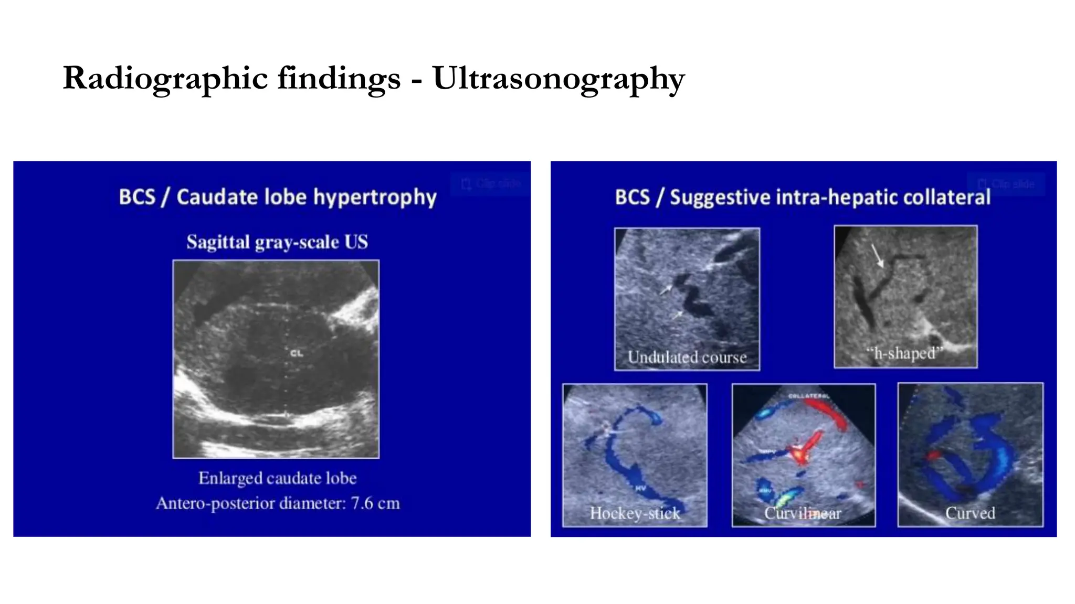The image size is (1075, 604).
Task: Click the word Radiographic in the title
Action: pyautogui.click(x=165, y=79)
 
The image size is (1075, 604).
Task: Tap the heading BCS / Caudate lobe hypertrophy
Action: pyautogui.click(x=277, y=197)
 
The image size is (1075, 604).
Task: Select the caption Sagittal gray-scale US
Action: pyautogui.click(x=277, y=242)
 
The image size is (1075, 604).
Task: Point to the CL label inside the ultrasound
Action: pyautogui.click(x=297, y=353)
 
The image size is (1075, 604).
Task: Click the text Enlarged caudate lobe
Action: pyautogui.click(x=277, y=478)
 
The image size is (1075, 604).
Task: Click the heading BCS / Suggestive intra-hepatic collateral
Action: pyautogui.click(x=803, y=197)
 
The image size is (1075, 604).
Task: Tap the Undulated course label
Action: pyautogui.click(x=687, y=358)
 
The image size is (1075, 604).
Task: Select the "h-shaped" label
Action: pyautogui.click(x=905, y=353)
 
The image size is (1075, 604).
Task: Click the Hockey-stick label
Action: pyautogui.click(x=635, y=513)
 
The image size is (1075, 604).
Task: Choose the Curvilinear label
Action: pyautogui.click(x=803, y=513)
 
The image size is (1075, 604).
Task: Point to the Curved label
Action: pyautogui.click(x=970, y=513)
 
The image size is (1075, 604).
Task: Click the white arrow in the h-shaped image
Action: pyautogui.click(x=877, y=255)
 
